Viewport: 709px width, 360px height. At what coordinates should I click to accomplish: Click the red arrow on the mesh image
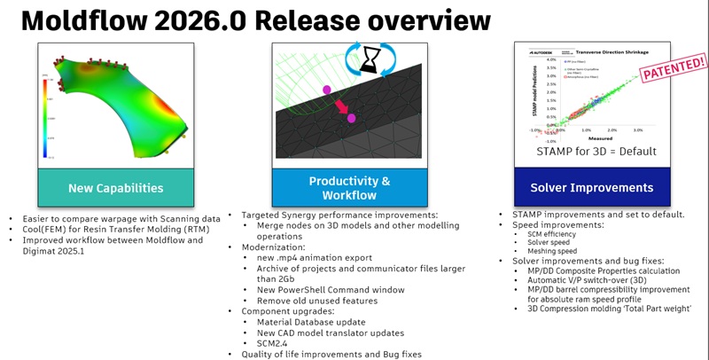tap(339, 107)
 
